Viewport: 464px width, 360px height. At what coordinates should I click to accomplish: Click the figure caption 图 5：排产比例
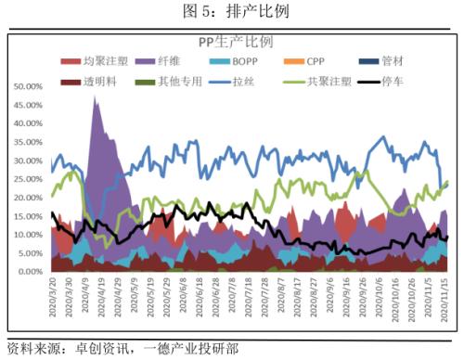pos(231,11)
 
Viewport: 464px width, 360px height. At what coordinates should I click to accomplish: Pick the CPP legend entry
pos(318,61)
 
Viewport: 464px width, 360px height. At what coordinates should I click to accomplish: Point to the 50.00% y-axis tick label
pos(27,86)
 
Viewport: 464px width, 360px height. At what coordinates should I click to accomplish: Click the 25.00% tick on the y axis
pos(27,179)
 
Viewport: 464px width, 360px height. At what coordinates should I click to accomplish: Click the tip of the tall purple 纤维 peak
pos(96,96)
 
